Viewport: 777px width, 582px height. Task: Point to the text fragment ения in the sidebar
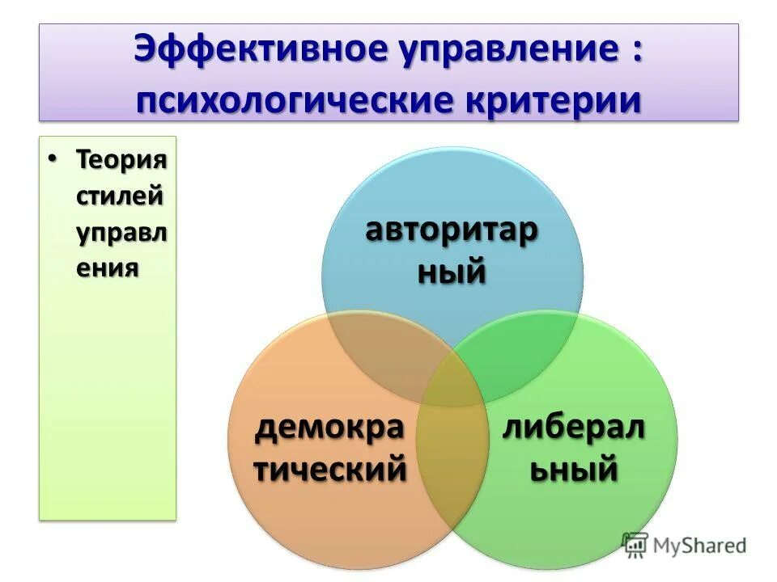(104, 268)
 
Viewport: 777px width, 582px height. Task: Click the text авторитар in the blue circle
(452, 230)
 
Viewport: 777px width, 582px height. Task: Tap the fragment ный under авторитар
(452, 271)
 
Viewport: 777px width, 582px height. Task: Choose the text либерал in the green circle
(574, 427)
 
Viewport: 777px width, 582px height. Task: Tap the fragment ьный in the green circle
(574, 469)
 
